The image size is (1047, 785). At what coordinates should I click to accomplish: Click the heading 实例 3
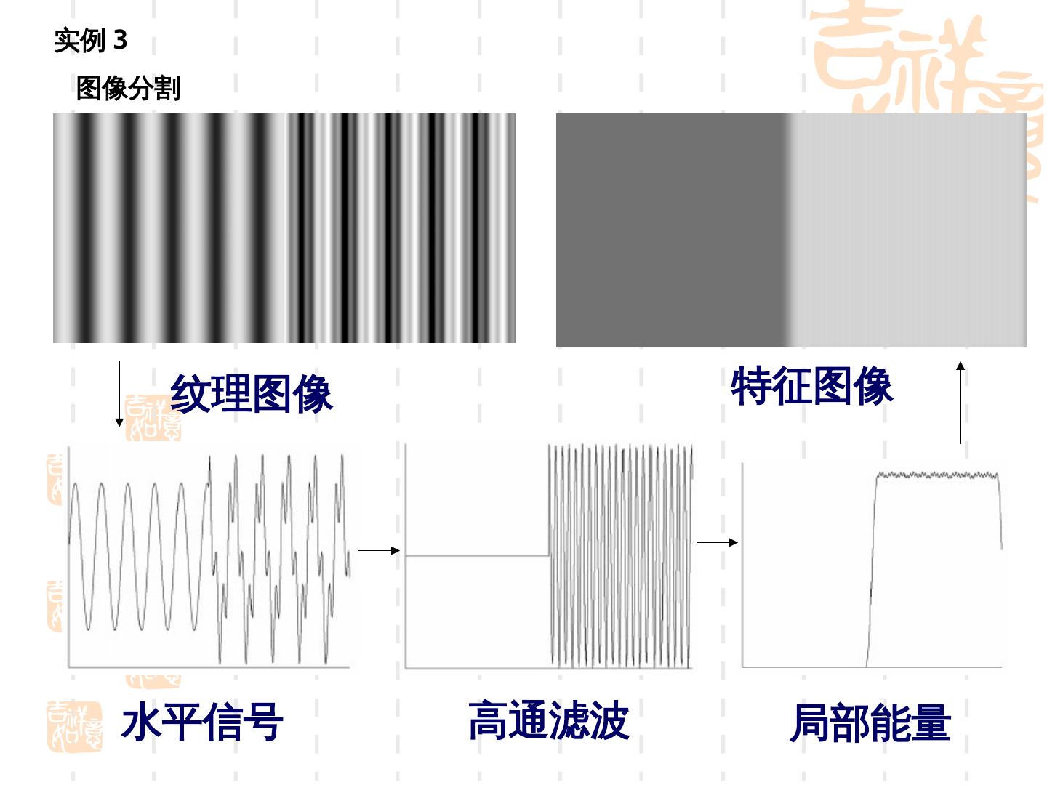[x=90, y=40]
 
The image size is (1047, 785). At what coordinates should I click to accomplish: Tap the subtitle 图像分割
[x=128, y=88]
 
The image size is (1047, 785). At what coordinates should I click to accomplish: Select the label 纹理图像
[x=251, y=393]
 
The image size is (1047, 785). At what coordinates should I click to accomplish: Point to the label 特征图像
[x=811, y=386]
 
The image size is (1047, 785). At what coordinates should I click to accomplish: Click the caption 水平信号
[x=201, y=722]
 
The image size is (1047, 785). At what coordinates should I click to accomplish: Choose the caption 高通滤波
[x=548, y=720]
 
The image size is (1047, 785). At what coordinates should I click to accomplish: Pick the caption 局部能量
[x=870, y=722]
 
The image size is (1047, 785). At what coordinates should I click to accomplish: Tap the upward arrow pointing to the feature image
[x=960, y=403]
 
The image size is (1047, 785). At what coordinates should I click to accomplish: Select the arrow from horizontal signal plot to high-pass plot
[x=379, y=550]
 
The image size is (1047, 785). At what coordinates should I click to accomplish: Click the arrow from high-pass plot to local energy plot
[x=717, y=542]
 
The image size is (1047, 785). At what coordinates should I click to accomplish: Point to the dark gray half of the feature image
[x=669, y=230]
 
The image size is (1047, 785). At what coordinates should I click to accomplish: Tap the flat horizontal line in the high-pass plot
[x=476, y=556]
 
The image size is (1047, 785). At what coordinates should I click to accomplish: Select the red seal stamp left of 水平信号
[x=74, y=726]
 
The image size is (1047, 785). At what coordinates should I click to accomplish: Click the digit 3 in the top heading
[x=120, y=39]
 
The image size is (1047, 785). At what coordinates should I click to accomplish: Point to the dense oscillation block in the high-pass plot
[x=620, y=556]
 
